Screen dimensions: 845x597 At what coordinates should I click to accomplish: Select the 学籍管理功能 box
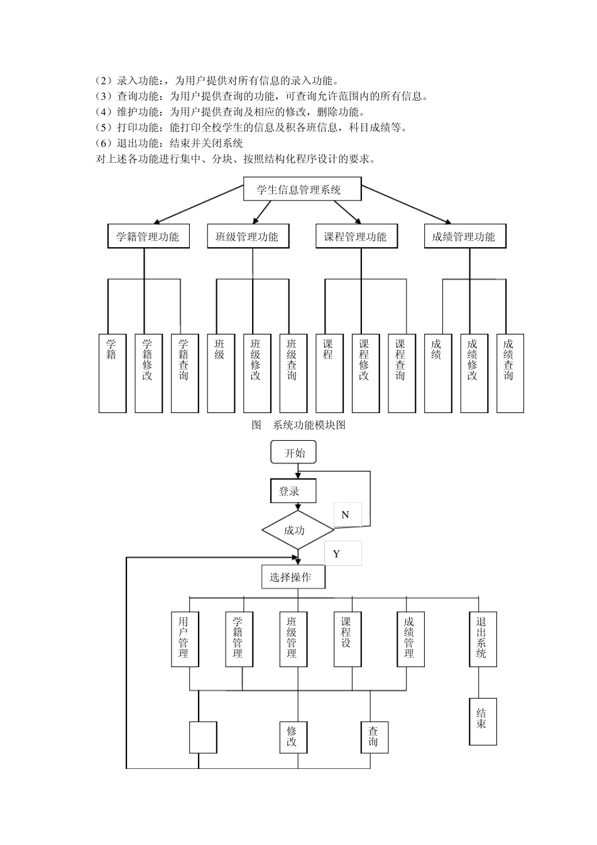coord(148,236)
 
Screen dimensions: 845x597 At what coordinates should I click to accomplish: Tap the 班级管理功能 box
coord(247,236)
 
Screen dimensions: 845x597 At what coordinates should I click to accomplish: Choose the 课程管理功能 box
coord(356,236)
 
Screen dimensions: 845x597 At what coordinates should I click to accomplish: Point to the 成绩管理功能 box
coord(464,236)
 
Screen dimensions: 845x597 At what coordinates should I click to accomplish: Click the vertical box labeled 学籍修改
coord(148,373)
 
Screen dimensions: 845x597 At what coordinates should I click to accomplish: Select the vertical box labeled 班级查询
coord(292,373)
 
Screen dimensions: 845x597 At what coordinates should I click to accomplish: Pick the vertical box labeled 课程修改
coord(365,373)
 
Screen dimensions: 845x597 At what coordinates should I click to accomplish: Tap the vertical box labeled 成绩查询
coord(510,373)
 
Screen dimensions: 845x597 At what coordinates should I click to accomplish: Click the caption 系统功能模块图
coord(309,425)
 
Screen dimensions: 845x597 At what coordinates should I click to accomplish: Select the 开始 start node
coord(293,453)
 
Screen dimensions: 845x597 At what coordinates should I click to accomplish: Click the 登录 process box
coord(293,491)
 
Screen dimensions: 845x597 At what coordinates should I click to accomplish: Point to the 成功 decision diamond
coord(297,530)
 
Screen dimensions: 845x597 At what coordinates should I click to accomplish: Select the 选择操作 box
coord(293,577)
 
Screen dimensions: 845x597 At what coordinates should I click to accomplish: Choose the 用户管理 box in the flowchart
coord(185,638)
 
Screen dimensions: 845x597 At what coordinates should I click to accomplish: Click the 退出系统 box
coord(482,638)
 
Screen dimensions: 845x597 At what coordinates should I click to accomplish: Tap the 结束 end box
coord(483,721)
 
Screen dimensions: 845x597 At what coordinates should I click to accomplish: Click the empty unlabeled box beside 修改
coord(203,737)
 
